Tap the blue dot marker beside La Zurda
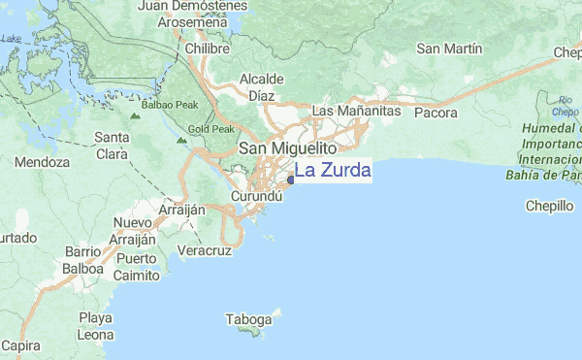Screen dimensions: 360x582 pyautogui.click(x=291, y=179)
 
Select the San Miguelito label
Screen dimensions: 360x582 pyautogui.click(x=287, y=149)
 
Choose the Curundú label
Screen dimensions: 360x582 pyautogui.click(x=256, y=196)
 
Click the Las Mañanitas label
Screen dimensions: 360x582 pyautogui.click(x=356, y=113)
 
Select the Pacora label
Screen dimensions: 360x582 pyautogui.click(x=435, y=113)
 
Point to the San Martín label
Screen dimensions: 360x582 pyautogui.click(x=449, y=49)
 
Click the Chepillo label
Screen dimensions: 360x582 pyautogui.click(x=550, y=206)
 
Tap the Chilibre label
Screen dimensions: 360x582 pyautogui.click(x=207, y=48)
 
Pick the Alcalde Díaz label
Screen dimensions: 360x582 pyautogui.click(x=262, y=86)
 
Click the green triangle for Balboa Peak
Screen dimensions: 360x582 pyautogui.click(x=135, y=115)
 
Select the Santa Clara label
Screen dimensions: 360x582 pyautogui.click(x=113, y=145)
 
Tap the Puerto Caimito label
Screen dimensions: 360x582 pyautogui.click(x=136, y=267)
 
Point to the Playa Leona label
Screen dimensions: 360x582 pyautogui.click(x=95, y=326)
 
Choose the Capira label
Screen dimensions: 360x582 pyautogui.click(x=20, y=345)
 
